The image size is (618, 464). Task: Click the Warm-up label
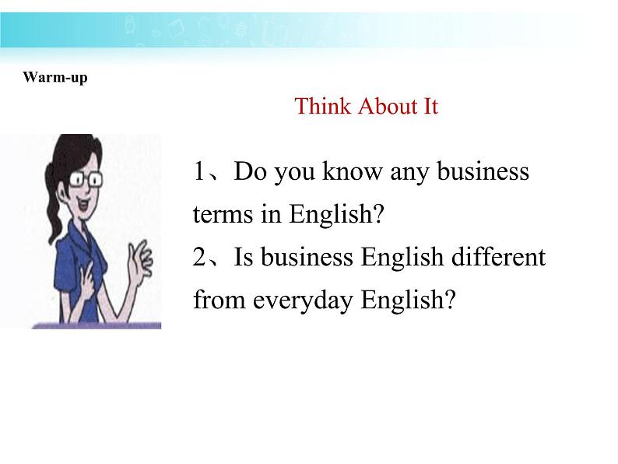click(55, 77)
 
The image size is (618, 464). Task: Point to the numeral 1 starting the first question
click(200, 172)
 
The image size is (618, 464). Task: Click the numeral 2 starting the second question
click(200, 257)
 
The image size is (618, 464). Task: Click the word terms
click(223, 215)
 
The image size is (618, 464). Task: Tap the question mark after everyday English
click(447, 300)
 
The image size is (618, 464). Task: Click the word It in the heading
click(430, 107)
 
